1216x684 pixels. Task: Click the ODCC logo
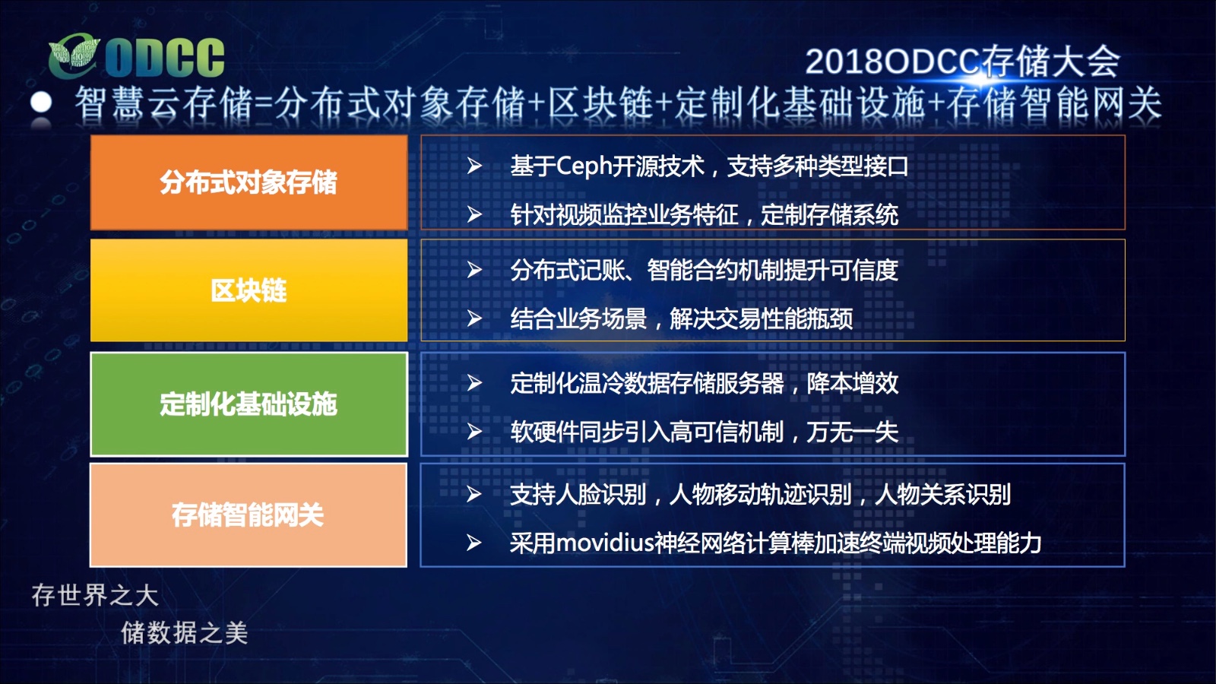pyautogui.click(x=136, y=56)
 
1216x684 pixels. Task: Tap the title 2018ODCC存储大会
pyautogui.click(x=962, y=62)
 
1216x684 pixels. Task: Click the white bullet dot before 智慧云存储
pyautogui.click(x=41, y=102)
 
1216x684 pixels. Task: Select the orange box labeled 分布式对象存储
pyautogui.click(x=249, y=182)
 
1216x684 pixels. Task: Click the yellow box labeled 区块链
pyautogui.click(x=249, y=290)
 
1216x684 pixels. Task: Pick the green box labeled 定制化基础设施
pyautogui.click(x=249, y=404)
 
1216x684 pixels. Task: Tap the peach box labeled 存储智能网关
pyautogui.click(x=249, y=515)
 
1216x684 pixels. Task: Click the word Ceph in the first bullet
pyautogui.click(x=584, y=166)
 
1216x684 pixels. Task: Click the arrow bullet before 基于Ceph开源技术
pyautogui.click(x=474, y=166)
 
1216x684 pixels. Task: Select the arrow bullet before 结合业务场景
pyautogui.click(x=474, y=318)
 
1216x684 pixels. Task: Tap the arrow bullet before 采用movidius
pyautogui.click(x=474, y=543)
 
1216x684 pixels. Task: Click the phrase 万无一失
pyautogui.click(x=852, y=432)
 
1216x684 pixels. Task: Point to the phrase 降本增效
pyautogui.click(x=852, y=383)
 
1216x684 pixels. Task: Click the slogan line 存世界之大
pyautogui.click(x=95, y=596)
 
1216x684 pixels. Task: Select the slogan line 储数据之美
pyautogui.click(x=185, y=633)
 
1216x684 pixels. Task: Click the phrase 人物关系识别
pyautogui.click(x=943, y=495)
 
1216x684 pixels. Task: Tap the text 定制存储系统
pyautogui.click(x=829, y=215)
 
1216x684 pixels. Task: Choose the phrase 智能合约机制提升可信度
pyautogui.click(x=772, y=270)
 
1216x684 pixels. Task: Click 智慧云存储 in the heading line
pyautogui.click(x=164, y=103)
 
